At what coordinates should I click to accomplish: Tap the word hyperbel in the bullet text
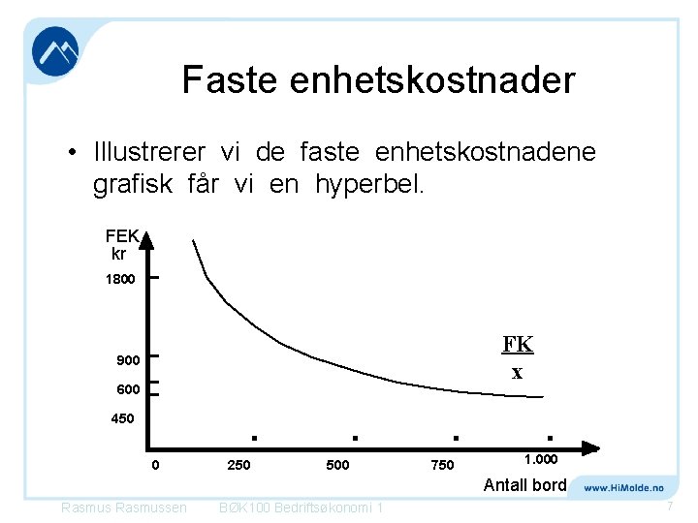369,184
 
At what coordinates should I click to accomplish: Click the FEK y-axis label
123,235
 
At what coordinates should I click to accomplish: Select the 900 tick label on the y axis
128,360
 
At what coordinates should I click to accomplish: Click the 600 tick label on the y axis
128,389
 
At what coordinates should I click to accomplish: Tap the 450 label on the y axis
121,419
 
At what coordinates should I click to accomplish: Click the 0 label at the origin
155,466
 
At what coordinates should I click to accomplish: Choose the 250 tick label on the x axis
238,466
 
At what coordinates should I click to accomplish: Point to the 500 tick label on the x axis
337,466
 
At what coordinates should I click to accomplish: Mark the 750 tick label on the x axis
441,466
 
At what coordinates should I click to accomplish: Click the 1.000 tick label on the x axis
541,459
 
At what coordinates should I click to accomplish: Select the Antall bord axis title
524,484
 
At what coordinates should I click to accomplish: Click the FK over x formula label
518,357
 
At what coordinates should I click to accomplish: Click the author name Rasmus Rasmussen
123,508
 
